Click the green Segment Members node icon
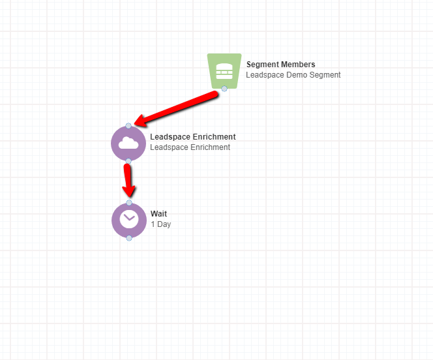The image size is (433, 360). pyautogui.click(x=224, y=71)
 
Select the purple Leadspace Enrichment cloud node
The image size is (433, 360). pyautogui.click(x=128, y=143)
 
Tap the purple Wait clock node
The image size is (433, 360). pyautogui.click(x=129, y=220)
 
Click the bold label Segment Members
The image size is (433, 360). pyautogui.click(x=280, y=65)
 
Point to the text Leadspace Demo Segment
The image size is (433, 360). pyautogui.click(x=293, y=75)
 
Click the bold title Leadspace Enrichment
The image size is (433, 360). pyautogui.click(x=193, y=137)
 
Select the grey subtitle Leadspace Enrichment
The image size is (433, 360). pyautogui.click(x=190, y=147)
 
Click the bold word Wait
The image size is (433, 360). pyautogui.click(x=158, y=213)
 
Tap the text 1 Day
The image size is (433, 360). pyautogui.click(x=160, y=224)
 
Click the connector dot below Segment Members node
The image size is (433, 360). pyautogui.click(x=224, y=89)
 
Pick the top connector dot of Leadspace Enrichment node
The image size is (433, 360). pyautogui.click(x=128, y=126)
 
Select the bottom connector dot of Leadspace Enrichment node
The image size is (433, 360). pyautogui.click(x=128, y=161)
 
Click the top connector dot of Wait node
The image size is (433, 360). pyautogui.click(x=129, y=203)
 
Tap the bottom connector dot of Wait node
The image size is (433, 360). pyautogui.click(x=129, y=237)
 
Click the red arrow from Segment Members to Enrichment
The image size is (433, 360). pyautogui.click(x=176, y=109)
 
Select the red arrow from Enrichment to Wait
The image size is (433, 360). pyautogui.click(x=128, y=181)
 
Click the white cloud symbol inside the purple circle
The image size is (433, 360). pyautogui.click(x=128, y=143)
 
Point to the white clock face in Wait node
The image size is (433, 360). pyautogui.click(x=129, y=219)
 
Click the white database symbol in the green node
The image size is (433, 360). pyautogui.click(x=224, y=71)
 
